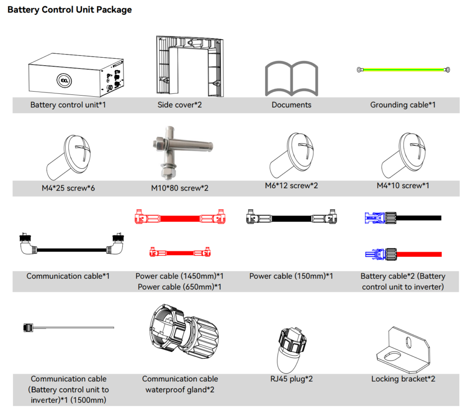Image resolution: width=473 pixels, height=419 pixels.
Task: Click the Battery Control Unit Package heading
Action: click(x=70, y=10)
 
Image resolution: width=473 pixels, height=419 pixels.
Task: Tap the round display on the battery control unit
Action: click(x=65, y=80)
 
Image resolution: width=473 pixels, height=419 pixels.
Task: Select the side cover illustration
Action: click(x=190, y=66)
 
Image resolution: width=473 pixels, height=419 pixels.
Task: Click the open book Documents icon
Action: click(x=291, y=79)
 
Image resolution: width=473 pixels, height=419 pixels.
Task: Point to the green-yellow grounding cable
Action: click(x=403, y=70)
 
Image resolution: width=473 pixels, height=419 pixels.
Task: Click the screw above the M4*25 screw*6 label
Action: click(x=69, y=157)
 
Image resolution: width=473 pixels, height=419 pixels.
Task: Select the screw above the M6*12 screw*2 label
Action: click(x=292, y=155)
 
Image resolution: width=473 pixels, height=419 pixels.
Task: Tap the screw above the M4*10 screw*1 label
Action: click(x=404, y=155)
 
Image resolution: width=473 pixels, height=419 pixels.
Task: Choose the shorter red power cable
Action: click(x=180, y=252)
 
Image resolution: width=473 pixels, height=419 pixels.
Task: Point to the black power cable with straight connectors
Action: click(x=291, y=216)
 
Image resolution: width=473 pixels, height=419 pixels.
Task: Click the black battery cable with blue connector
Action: click(x=403, y=218)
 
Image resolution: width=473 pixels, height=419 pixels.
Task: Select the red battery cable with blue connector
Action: click(x=403, y=254)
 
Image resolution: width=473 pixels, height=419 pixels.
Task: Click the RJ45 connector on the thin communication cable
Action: click(x=28, y=327)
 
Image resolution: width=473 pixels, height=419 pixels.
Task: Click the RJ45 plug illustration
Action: click(x=291, y=351)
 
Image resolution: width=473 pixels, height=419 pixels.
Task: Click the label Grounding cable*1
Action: click(x=403, y=105)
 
